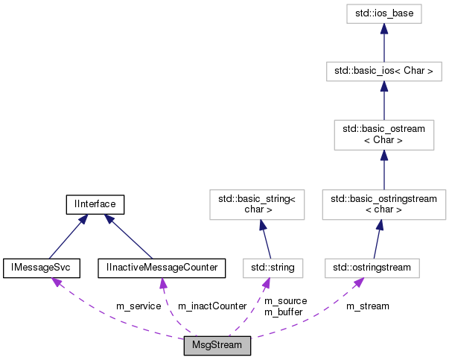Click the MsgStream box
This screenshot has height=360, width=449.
[217, 347]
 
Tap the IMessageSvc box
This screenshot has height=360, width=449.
[41, 267]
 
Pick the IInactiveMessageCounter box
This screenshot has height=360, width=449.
[162, 267]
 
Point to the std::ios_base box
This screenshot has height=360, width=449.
[383, 13]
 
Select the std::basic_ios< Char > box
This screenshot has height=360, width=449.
[383, 72]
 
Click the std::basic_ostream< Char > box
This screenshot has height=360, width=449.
[383, 134]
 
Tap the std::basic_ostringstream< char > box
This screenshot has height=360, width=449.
[383, 204]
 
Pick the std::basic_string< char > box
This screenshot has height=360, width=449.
[256, 204]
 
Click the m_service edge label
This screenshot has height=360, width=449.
[138, 306]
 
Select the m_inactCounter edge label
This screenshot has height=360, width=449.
[212, 306]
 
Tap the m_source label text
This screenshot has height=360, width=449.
[285, 301]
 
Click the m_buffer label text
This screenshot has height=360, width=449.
[284, 312]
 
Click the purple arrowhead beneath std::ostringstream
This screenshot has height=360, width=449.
[360, 282]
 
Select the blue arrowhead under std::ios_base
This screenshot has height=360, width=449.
[383, 28]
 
